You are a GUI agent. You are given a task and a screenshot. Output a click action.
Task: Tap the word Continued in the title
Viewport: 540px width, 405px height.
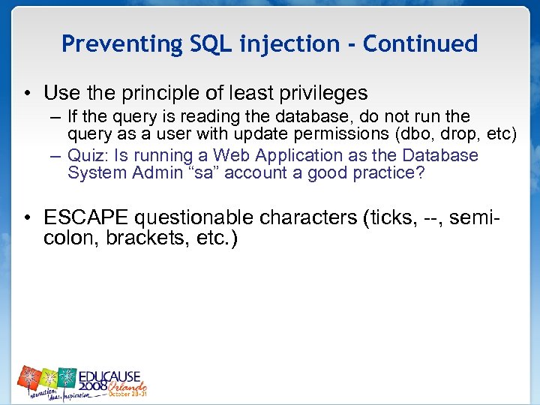pos(420,44)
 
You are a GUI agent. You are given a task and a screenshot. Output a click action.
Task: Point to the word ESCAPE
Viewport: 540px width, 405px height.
pos(86,218)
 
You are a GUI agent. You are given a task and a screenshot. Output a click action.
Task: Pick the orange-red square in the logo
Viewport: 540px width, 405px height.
pos(28,377)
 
